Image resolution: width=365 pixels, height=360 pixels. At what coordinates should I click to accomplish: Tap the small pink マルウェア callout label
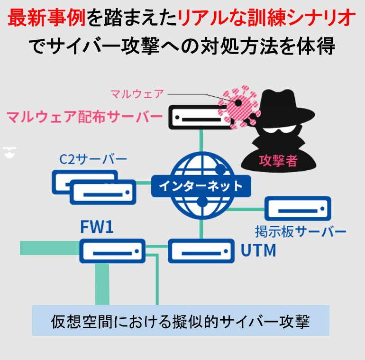[x=137, y=94]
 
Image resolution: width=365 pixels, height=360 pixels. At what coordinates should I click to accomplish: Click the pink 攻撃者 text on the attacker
[x=278, y=161]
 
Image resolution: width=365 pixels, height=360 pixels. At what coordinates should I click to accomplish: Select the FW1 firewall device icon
[x=112, y=251]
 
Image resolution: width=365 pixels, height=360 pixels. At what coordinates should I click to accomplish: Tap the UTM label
[x=258, y=250]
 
